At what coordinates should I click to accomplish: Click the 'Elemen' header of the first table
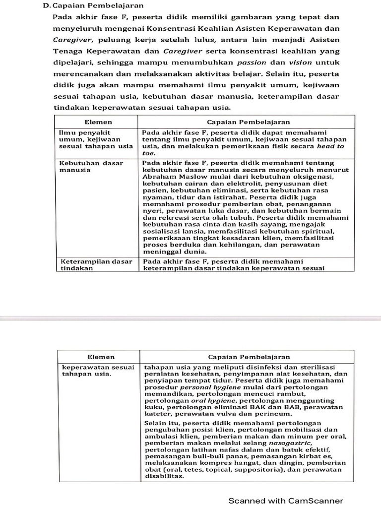click(x=98, y=122)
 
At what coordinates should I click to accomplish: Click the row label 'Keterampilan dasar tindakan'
click(x=96, y=264)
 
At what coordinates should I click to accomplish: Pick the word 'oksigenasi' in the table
click(x=315, y=176)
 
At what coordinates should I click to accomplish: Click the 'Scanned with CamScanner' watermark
click(x=285, y=501)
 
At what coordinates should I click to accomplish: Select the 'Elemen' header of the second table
click(x=101, y=357)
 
